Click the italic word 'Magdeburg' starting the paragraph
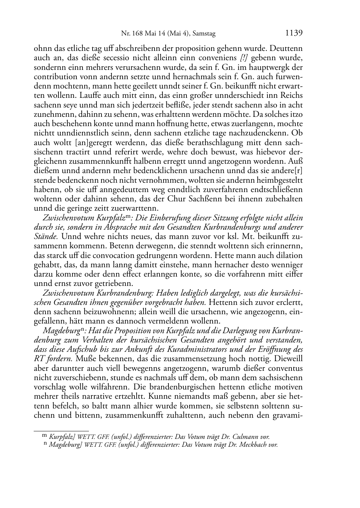58,330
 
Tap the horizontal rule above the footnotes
61,431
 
